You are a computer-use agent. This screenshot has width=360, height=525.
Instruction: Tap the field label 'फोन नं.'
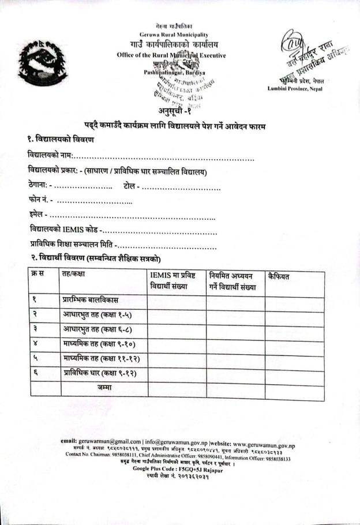(x=40, y=200)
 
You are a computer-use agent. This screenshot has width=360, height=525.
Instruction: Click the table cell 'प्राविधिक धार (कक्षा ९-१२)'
(x=99, y=373)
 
